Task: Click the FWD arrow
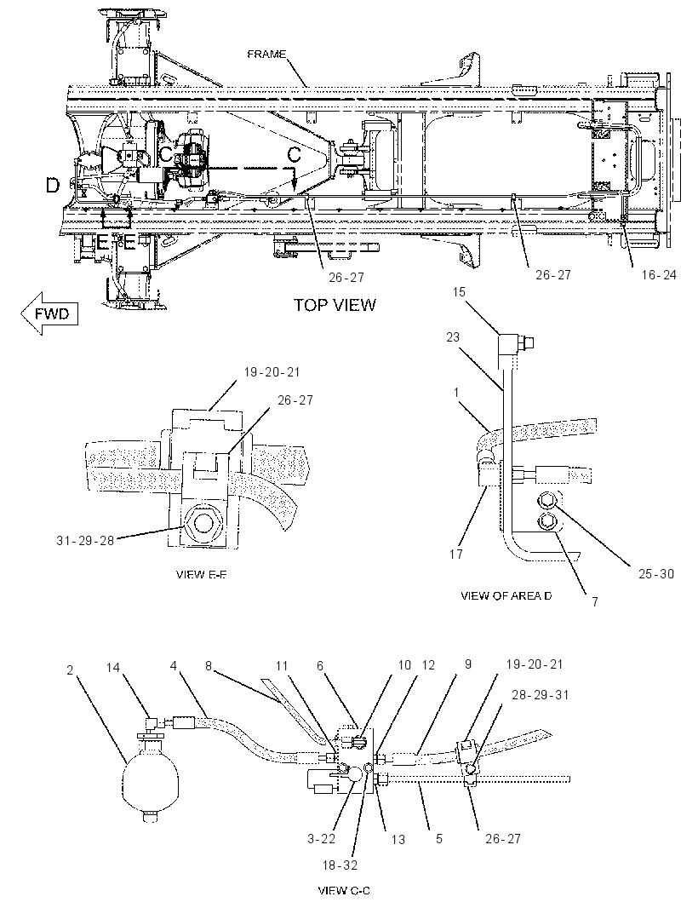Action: point(49,313)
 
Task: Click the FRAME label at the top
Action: point(266,55)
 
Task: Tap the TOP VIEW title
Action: point(335,305)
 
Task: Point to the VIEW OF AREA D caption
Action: point(506,595)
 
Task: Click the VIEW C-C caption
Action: point(344,890)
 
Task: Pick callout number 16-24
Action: point(659,274)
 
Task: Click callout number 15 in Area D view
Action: point(459,291)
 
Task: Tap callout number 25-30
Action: point(656,574)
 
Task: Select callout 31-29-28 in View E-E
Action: point(85,540)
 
